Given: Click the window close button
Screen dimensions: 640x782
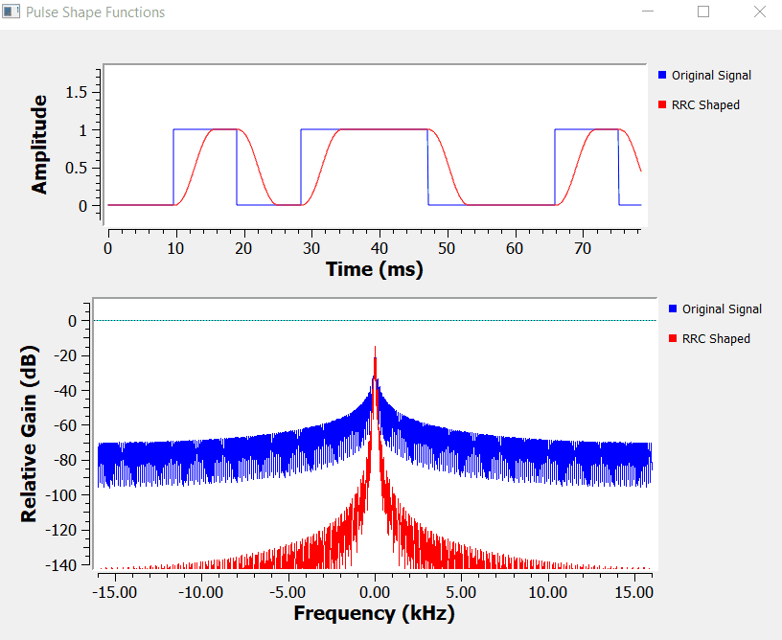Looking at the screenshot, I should pyautogui.click(x=760, y=12).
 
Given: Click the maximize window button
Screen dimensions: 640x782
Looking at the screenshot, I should pyautogui.click(x=703, y=12).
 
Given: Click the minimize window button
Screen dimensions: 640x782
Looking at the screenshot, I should pyautogui.click(x=649, y=12).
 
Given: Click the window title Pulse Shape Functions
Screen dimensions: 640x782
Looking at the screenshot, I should pyautogui.click(x=95, y=12).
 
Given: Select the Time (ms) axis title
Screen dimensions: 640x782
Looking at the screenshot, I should pyautogui.click(x=375, y=269).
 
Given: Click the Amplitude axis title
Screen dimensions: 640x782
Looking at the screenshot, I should pyautogui.click(x=39, y=145).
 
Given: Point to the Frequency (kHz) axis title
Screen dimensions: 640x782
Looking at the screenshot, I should pyautogui.click(x=374, y=613).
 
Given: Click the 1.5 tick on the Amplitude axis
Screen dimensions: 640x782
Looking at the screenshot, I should pyautogui.click(x=76, y=92).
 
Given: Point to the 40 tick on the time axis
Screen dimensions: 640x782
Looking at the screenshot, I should pyautogui.click(x=379, y=247).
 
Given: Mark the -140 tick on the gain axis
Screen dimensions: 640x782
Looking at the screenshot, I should pyautogui.click(x=62, y=564).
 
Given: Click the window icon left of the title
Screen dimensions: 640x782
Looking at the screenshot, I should pyautogui.click(x=11, y=12).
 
